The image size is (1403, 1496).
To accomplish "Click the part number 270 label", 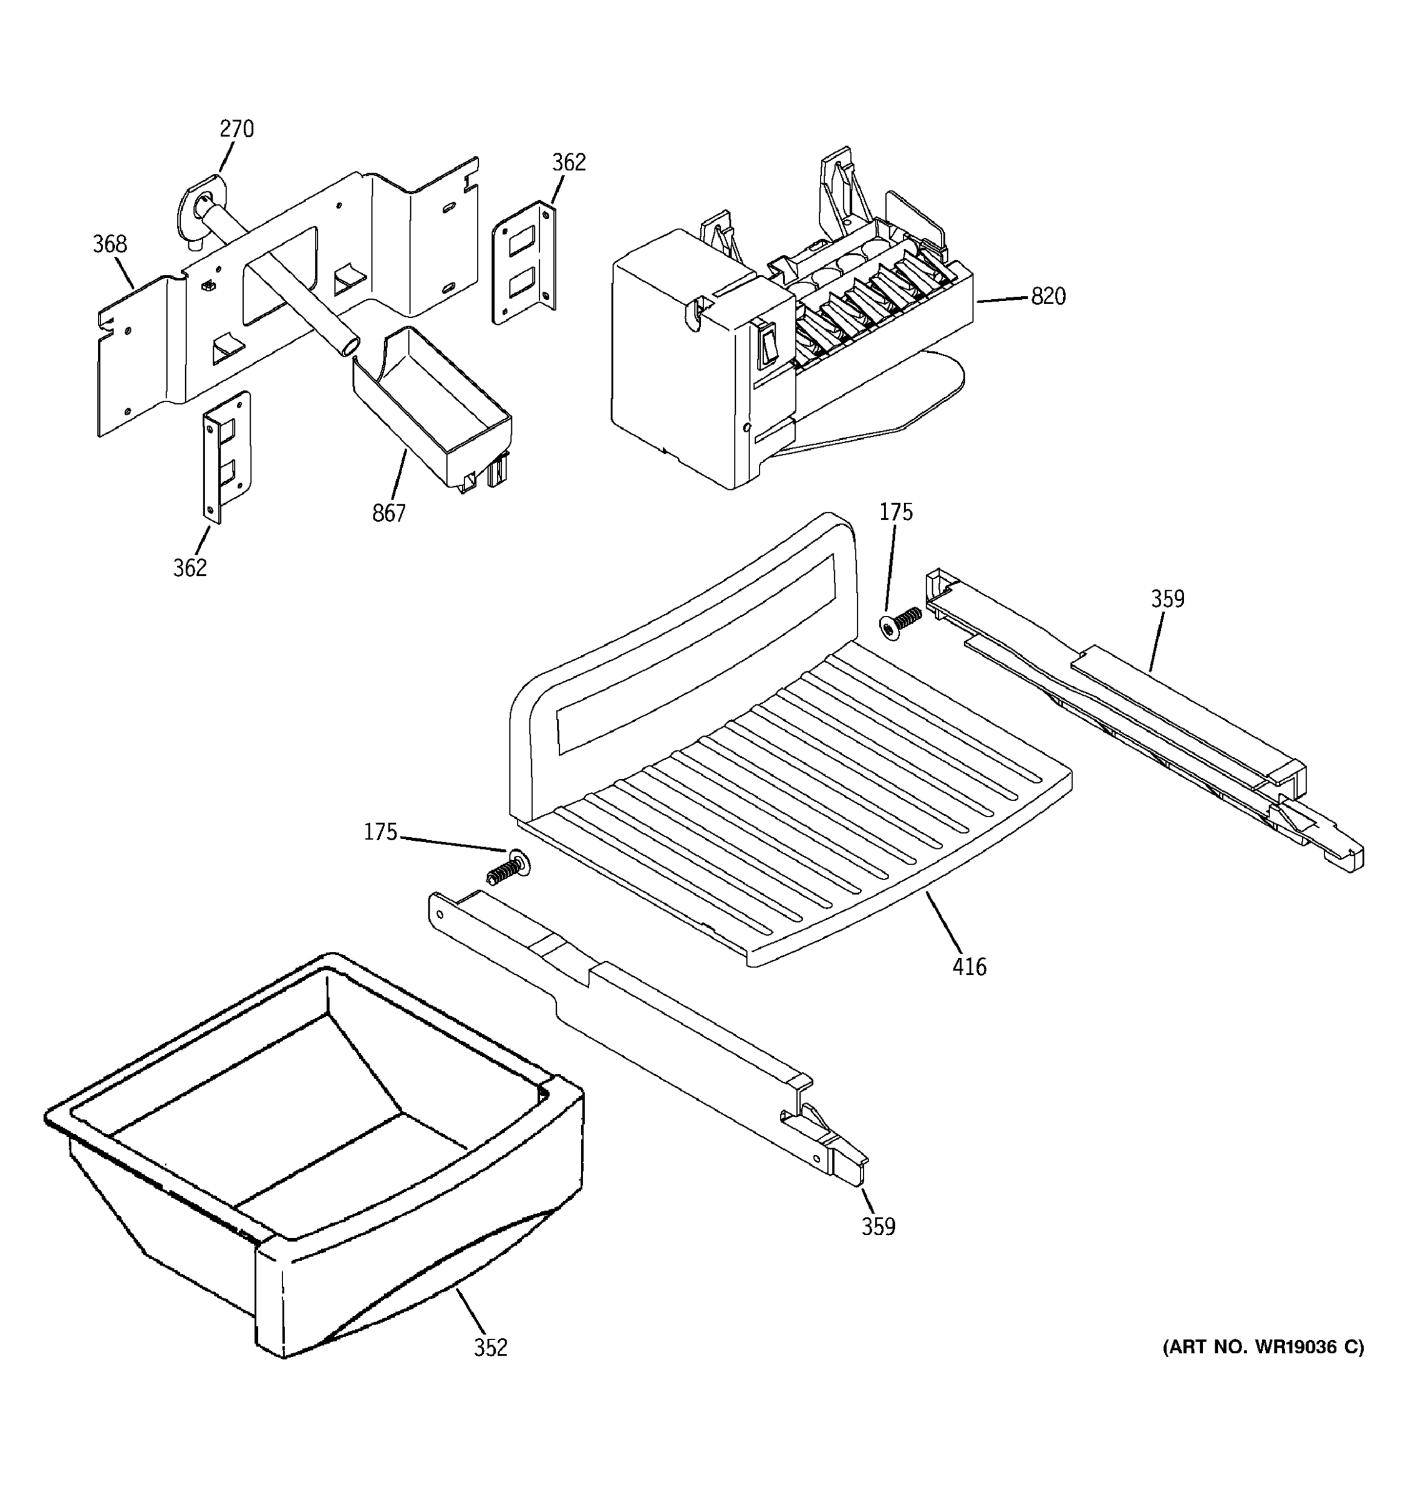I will [x=236, y=130].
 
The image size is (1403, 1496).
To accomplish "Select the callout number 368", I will [x=110, y=244].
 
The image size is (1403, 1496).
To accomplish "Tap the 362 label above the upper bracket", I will [x=568, y=163].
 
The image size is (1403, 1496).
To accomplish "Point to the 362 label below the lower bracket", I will [x=190, y=567].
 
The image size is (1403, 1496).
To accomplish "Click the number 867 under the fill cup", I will [x=388, y=513].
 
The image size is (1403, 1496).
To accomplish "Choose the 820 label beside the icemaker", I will [x=1048, y=297].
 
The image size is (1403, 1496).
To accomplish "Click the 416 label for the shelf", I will [x=969, y=967].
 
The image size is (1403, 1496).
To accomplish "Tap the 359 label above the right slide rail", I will [x=1167, y=599].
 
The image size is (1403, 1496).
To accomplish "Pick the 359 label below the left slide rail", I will [x=879, y=1227].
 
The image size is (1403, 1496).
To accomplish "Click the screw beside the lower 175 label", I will [x=509, y=868].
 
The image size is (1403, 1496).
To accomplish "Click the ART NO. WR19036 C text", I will [x=1263, y=1347].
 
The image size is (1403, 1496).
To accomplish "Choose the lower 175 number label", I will [x=380, y=832].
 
